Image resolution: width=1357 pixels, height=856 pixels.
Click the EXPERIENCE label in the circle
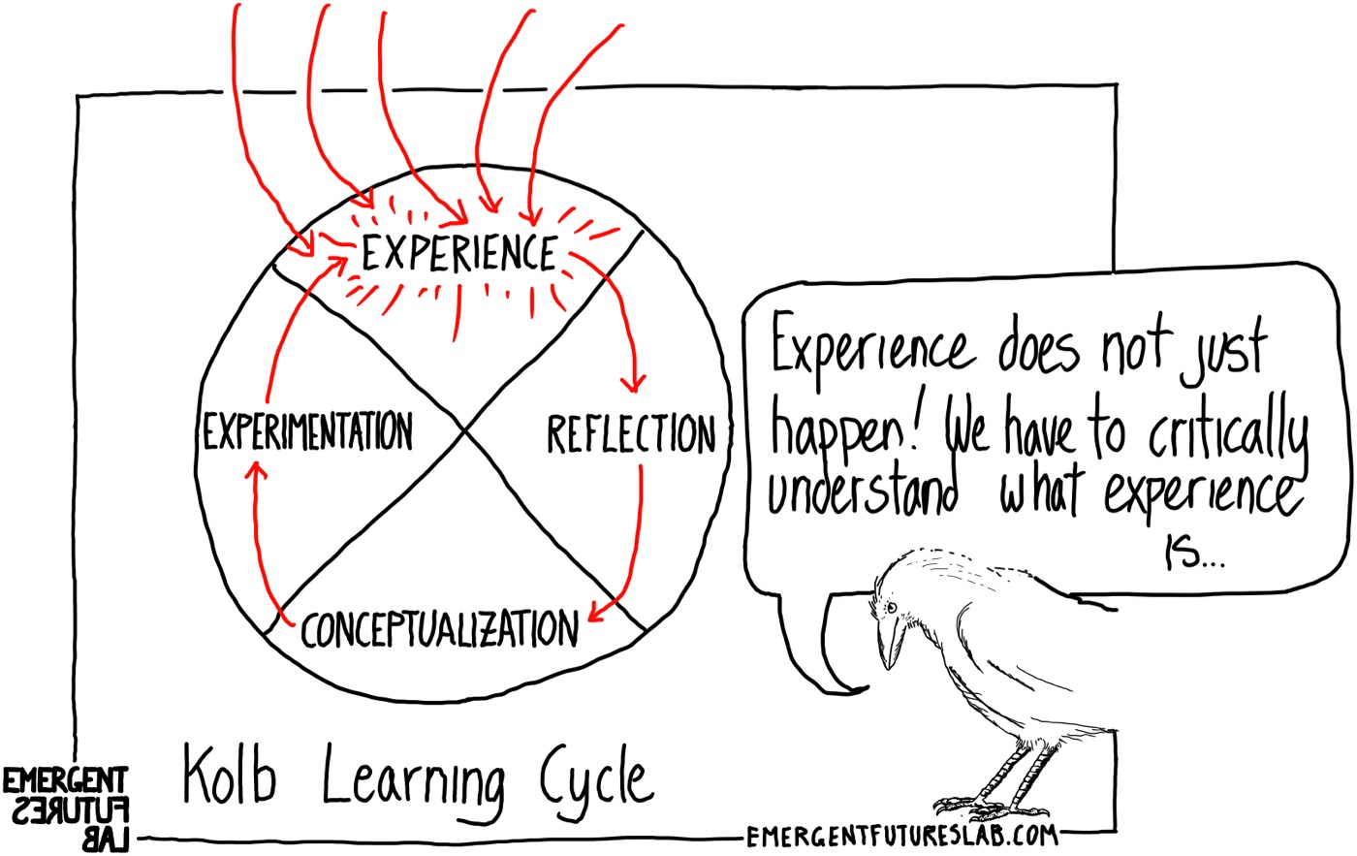click(x=458, y=253)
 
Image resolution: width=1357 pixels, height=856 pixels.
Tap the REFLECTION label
click(x=630, y=435)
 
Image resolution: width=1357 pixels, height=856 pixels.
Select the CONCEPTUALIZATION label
click(x=439, y=630)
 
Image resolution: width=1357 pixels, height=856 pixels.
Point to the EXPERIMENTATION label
click(x=307, y=431)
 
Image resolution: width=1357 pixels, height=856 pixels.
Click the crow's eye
click(x=891, y=607)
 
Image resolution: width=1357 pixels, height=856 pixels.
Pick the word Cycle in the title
click(x=591, y=778)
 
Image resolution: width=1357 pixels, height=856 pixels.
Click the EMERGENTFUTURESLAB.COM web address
click(x=901, y=835)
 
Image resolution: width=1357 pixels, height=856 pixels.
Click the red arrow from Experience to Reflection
click(x=620, y=310)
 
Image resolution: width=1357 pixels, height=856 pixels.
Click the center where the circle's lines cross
click(x=466, y=429)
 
